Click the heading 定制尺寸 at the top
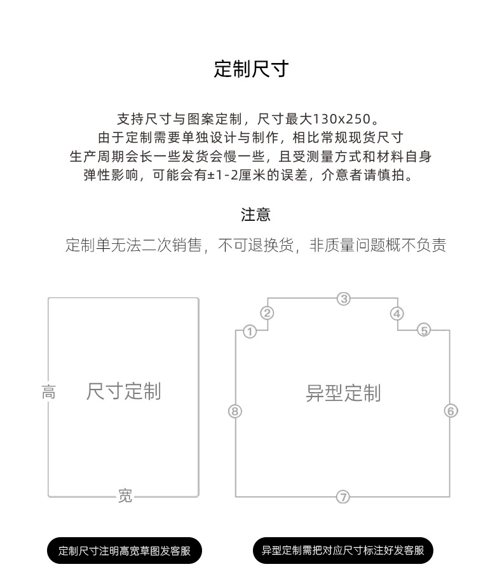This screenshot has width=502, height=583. (251, 69)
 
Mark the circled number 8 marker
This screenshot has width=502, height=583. (235, 411)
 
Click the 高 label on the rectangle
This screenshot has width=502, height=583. (48, 392)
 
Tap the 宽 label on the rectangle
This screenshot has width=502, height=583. (125, 496)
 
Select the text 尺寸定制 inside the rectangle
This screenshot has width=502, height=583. (123, 391)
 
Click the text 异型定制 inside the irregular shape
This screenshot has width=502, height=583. (343, 393)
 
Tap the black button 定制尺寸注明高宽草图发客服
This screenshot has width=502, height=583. (125, 551)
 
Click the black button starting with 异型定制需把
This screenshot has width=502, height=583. (343, 551)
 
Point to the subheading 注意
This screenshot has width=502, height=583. (256, 214)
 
